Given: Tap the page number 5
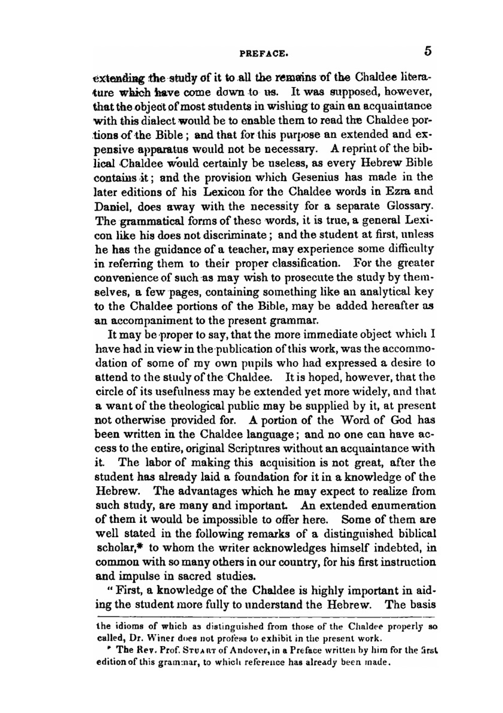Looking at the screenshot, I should pos(428,51).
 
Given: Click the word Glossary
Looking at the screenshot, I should pos(410,206).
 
